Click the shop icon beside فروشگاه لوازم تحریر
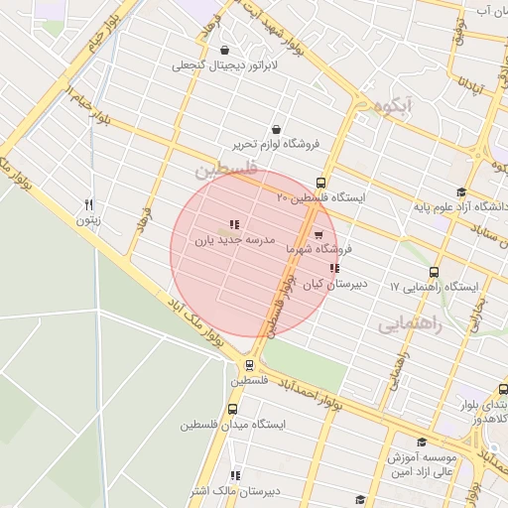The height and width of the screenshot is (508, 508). click(x=275, y=129)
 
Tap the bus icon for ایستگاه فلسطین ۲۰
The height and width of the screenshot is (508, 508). click(x=320, y=183)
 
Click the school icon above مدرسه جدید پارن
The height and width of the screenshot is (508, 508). click(x=233, y=224)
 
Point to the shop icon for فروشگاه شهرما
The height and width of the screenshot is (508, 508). click(x=317, y=235)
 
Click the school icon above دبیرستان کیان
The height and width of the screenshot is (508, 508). click(x=334, y=268)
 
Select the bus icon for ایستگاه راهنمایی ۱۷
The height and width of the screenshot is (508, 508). click(x=434, y=272)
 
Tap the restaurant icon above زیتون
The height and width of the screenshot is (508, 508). click(x=89, y=203)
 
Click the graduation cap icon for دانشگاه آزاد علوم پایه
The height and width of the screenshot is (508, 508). click(x=460, y=192)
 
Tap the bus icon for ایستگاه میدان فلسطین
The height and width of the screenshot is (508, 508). click(x=233, y=409)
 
